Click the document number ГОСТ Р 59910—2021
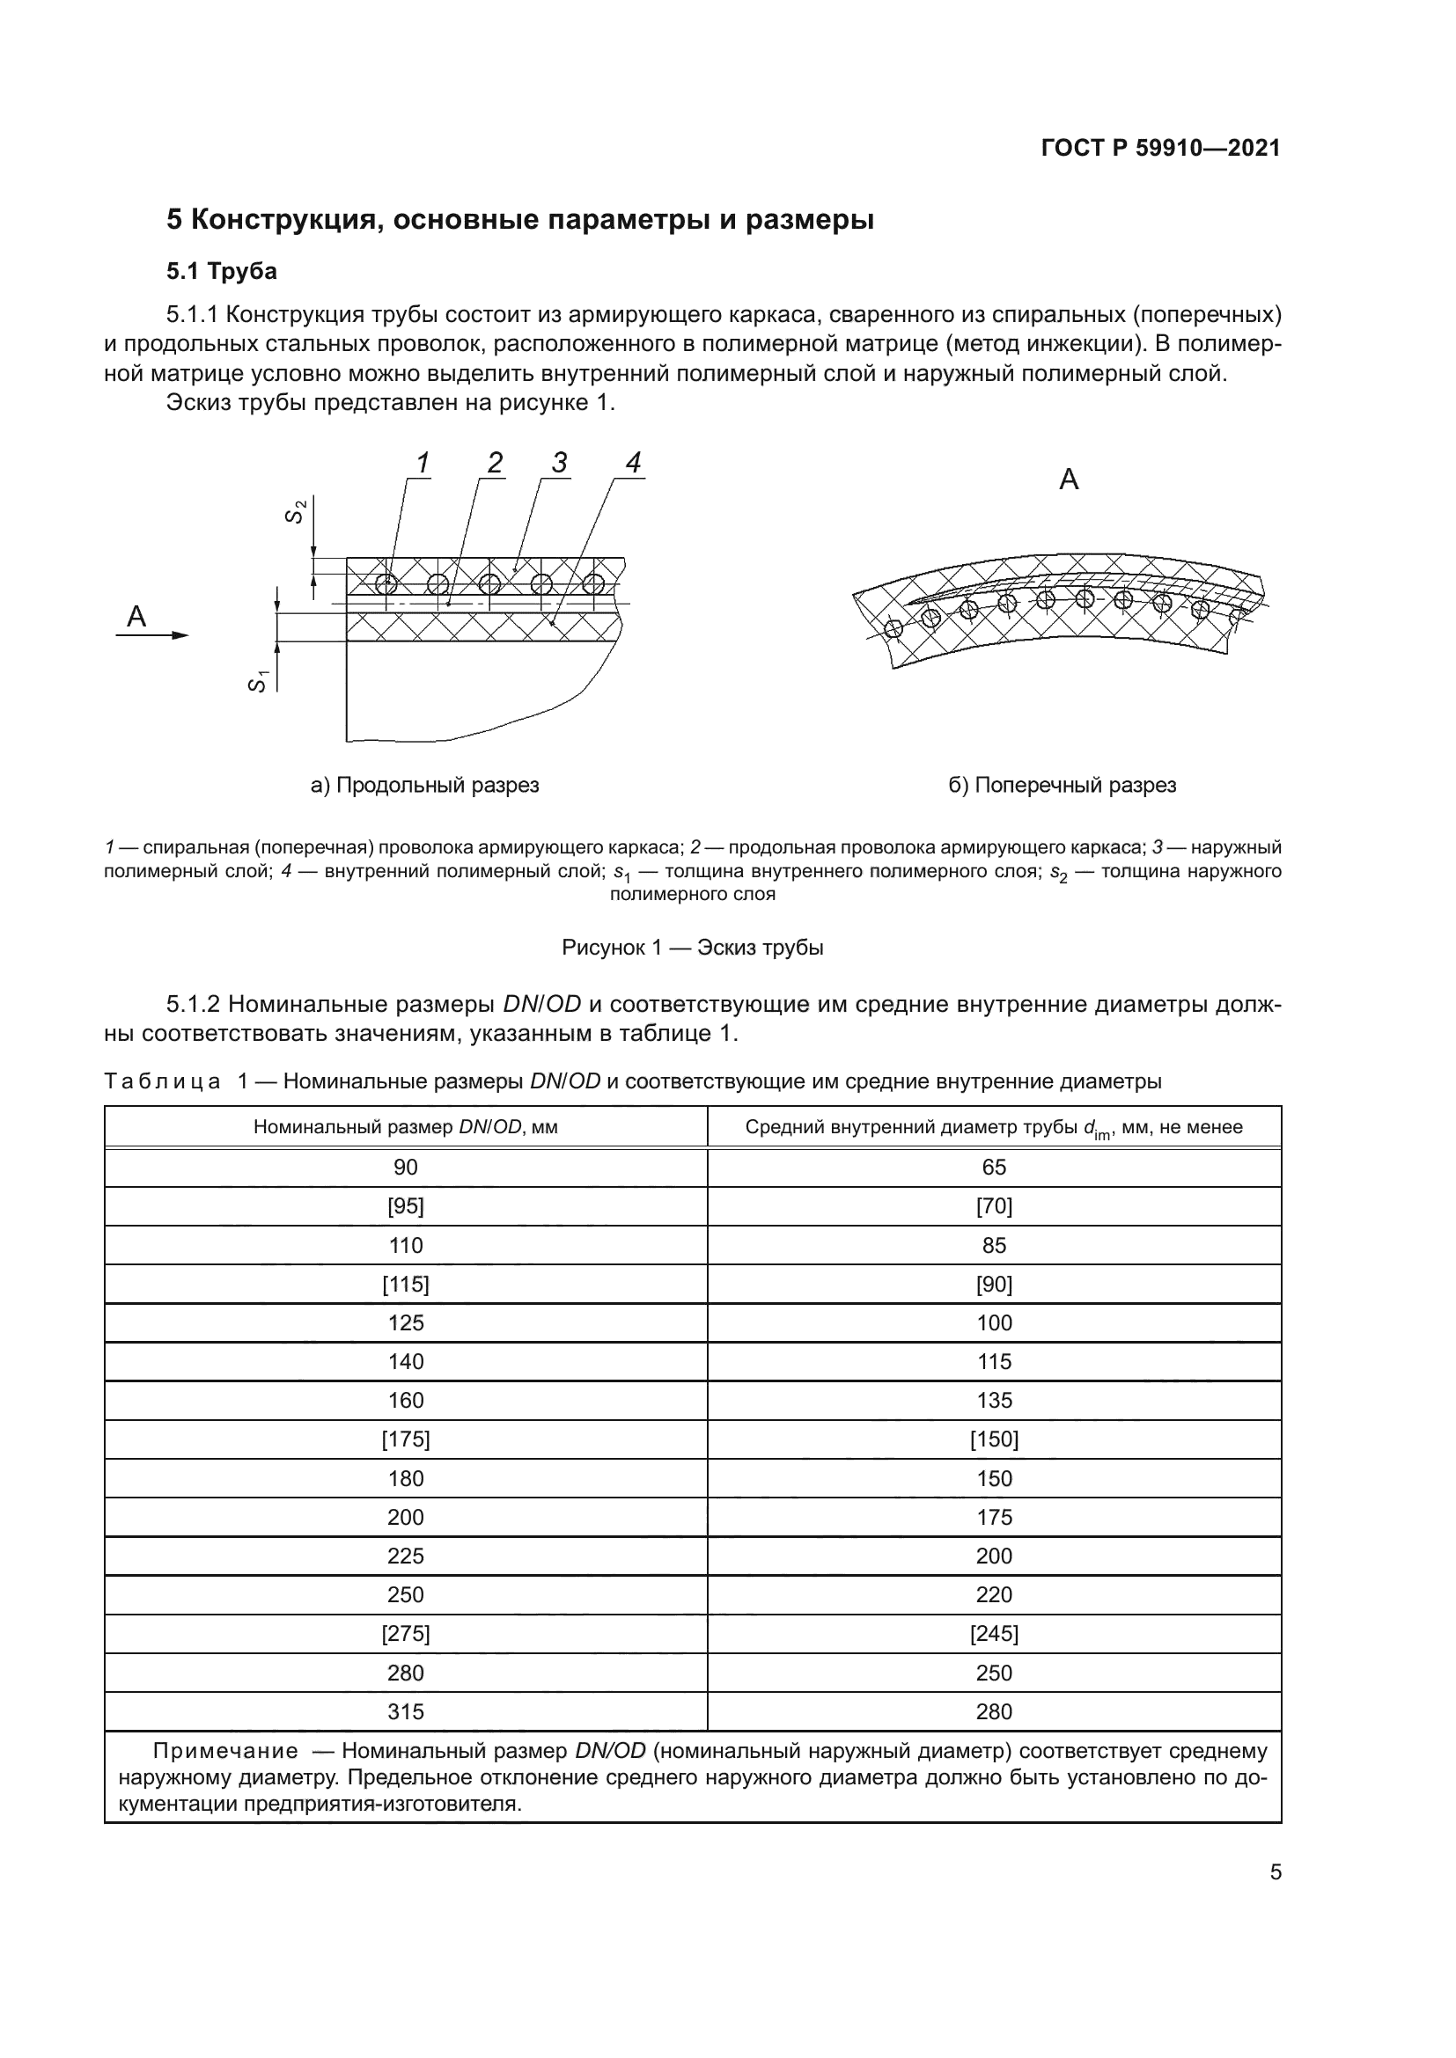(1160, 149)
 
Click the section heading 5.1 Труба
(222, 271)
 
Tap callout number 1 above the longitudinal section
(423, 464)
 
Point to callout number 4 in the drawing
(633, 464)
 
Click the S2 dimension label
(297, 511)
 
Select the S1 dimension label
(258, 681)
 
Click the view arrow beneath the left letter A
(152, 634)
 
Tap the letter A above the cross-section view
(1069, 480)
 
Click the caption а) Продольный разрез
(424, 785)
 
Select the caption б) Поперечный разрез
(1062, 785)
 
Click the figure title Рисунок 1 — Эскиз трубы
(692, 948)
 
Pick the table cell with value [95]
(405, 1206)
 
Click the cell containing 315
(405, 1712)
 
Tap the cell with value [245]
(993, 1634)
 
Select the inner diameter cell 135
(993, 1401)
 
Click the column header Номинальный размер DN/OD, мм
(405, 1127)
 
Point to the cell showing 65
(993, 1167)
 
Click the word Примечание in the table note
(225, 1752)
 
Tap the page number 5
(1275, 1872)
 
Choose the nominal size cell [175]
(405, 1439)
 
